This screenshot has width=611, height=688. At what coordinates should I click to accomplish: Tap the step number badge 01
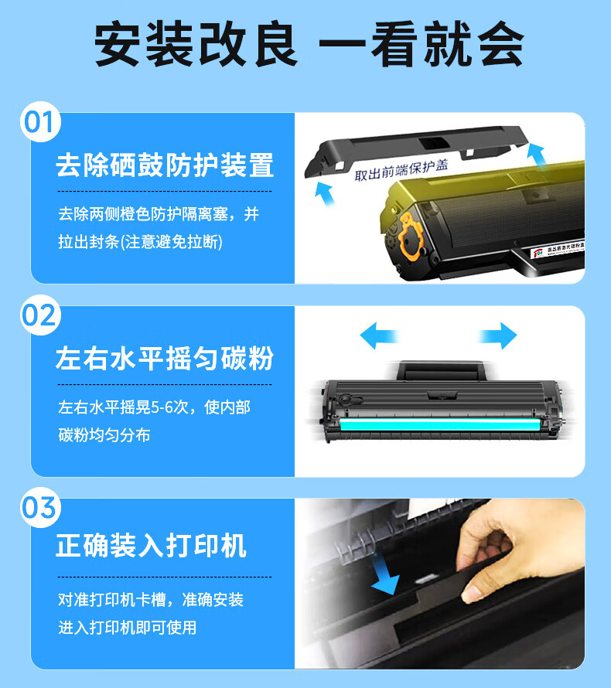[39, 122]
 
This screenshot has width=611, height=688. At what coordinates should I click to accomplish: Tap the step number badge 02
[39, 315]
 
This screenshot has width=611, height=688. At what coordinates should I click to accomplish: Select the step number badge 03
[39, 508]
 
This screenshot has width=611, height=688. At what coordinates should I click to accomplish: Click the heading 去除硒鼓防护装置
[165, 165]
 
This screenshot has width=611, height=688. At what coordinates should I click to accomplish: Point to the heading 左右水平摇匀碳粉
[165, 359]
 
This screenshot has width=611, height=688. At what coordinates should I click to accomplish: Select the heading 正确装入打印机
[151, 546]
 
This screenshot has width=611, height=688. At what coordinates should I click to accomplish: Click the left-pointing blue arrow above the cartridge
[379, 336]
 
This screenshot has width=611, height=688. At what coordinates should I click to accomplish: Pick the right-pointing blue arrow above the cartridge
[497, 336]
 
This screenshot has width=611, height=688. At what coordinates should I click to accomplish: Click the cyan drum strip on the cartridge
[449, 424]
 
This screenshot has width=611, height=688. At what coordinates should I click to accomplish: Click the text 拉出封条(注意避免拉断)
[140, 242]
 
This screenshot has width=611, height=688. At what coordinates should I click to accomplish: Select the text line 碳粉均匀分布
[104, 435]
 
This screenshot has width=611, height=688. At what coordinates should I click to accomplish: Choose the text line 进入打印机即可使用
[128, 628]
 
